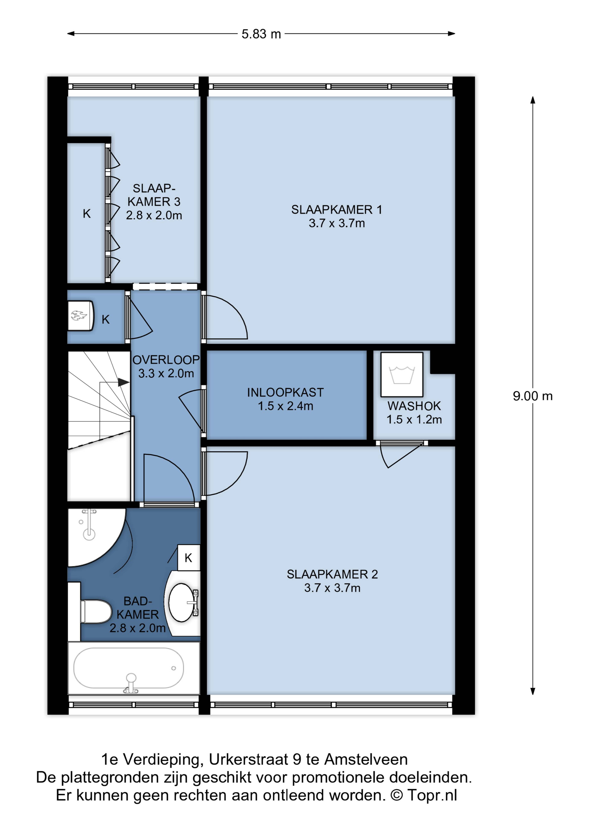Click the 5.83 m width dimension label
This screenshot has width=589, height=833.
261,34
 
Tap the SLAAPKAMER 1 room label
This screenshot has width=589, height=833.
336,210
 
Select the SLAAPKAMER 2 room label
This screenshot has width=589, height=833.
332,574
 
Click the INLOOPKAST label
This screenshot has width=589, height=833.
285,392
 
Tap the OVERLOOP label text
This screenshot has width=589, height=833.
166,360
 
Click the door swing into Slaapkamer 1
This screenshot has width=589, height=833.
225,317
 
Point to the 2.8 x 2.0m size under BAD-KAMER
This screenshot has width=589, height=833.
138,628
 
